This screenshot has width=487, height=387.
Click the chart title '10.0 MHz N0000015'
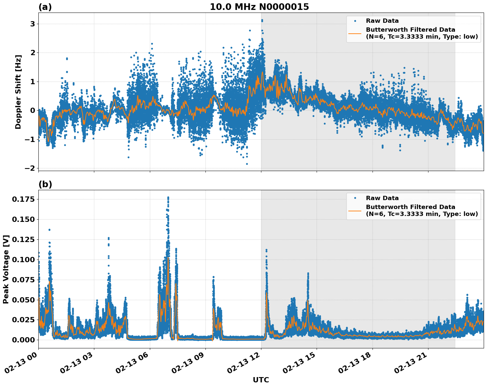pyautogui.click(x=259, y=7)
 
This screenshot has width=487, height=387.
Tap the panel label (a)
pyautogui.click(x=45, y=7)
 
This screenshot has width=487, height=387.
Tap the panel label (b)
pyautogui.click(x=45, y=184)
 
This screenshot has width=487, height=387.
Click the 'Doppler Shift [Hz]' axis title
pyautogui.click(x=18, y=92)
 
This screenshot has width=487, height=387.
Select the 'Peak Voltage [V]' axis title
pyautogui.click(x=6, y=269)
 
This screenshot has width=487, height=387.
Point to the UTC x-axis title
pyautogui.click(x=261, y=380)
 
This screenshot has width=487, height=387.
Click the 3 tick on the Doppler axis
pyautogui.click(x=32, y=24)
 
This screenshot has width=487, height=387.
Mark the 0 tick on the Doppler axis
pyautogui.click(x=32, y=111)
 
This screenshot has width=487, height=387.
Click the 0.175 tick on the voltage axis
pyautogui.click(x=24, y=199)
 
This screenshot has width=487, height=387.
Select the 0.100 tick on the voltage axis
pyautogui.click(x=24, y=260)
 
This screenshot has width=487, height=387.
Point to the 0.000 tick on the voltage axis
pyautogui.click(x=24, y=340)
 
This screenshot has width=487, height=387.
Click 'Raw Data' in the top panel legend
pyautogui.click(x=382, y=21)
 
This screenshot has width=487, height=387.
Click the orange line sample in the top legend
pyautogui.click(x=355, y=33)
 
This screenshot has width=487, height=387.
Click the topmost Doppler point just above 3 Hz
pyautogui.click(x=262, y=20)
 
